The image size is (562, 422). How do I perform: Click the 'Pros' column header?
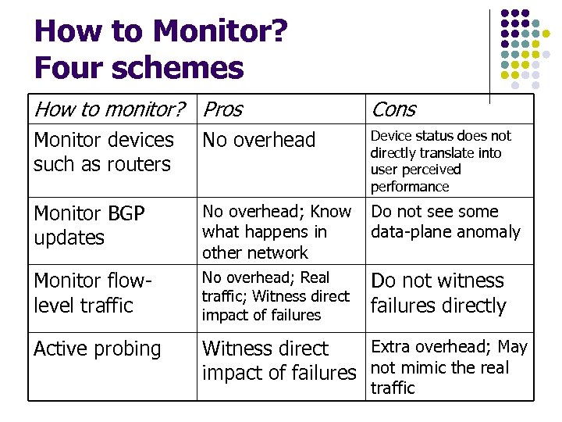tap(222, 109)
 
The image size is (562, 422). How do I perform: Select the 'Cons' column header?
tap(393, 109)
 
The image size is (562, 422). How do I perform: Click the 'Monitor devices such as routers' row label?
tap(103, 152)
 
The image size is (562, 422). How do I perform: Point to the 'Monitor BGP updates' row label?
tap(89, 225)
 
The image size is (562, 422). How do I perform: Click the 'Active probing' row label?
tap(97, 349)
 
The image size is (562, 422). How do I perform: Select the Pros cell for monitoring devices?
tap(258, 140)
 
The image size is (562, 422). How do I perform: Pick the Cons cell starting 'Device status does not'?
tap(440, 161)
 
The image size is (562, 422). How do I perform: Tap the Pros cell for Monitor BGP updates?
tap(276, 232)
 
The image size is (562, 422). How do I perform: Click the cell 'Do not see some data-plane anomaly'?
tap(445, 222)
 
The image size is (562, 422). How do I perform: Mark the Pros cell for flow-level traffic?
tap(276, 296)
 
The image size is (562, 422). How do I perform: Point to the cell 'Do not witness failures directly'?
tap(438, 293)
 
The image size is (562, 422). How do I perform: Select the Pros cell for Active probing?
tap(278, 360)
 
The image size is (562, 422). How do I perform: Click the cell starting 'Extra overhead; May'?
tap(448, 367)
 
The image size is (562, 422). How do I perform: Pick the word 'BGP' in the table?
tap(125, 213)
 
